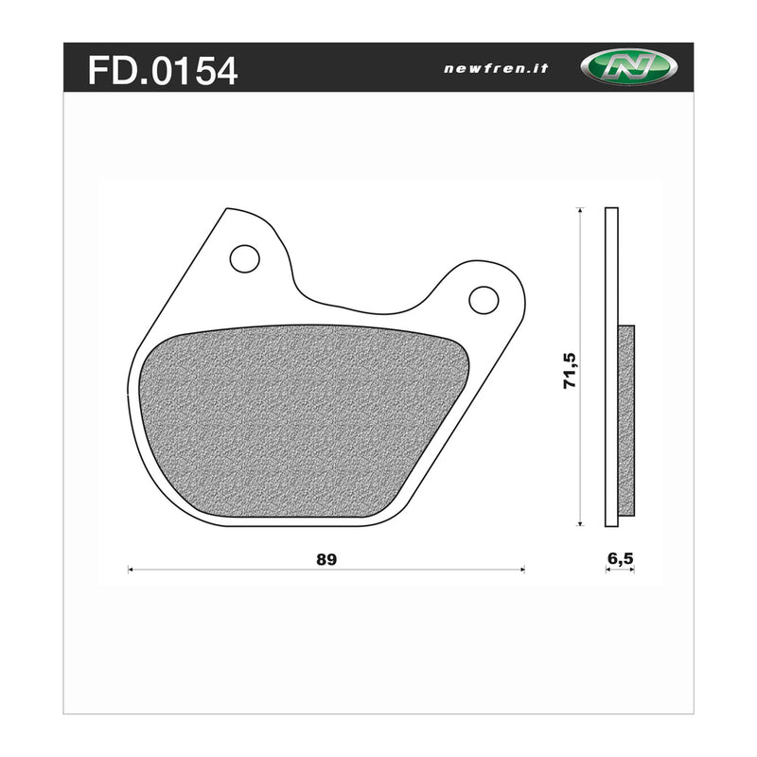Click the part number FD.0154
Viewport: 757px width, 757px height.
pyautogui.click(x=162, y=70)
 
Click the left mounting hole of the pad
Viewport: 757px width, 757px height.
pyautogui.click(x=244, y=257)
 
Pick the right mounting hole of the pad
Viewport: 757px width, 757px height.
pyautogui.click(x=484, y=299)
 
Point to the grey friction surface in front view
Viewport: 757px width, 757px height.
pyautogui.click(x=303, y=421)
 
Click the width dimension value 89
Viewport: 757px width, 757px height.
pyautogui.click(x=326, y=558)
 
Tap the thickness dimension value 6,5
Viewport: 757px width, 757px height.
pyautogui.click(x=620, y=558)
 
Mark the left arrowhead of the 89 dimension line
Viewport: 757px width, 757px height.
pyautogui.click(x=131, y=570)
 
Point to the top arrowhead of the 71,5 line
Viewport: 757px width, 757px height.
pyautogui.click(x=577, y=210)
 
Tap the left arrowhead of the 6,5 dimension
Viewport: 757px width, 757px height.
pyautogui.click(x=607, y=571)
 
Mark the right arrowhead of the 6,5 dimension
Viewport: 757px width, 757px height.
pyautogui.click(x=632, y=571)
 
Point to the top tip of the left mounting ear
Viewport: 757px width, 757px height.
pyautogui.click(x=227, y=209)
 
